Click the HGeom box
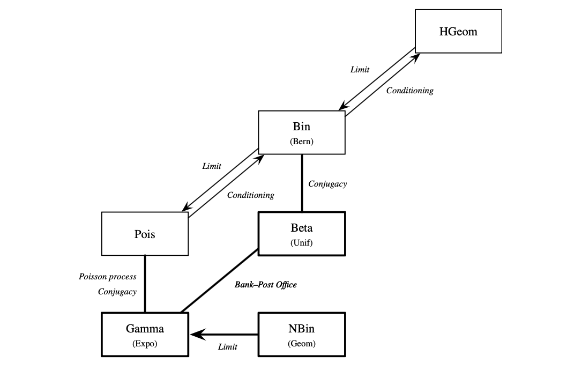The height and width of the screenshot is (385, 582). [x=458, y=31]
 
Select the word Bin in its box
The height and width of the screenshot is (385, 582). [x=302, y=127]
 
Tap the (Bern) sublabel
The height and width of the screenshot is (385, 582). [x=302, y=142]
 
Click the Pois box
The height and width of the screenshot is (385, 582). [x=145, y=234]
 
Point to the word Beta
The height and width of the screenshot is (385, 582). [x=302, y=228]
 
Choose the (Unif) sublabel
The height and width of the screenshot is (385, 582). [x=302, y=242]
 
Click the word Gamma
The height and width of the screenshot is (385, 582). [x=145, y=329]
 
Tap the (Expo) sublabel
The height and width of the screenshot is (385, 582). [x=145, y=344]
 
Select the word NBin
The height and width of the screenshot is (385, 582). [x=302, y=329]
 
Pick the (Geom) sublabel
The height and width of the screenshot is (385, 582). [x=302, y=344]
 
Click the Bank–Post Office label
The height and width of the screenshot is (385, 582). [x=266, y=285]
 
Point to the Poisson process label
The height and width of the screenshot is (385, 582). [x=108, y=277]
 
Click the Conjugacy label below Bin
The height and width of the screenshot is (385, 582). [x=327, y=184]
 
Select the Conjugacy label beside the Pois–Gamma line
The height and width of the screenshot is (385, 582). [x=117, y=292]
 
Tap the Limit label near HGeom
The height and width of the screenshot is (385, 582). [x=360, y=70]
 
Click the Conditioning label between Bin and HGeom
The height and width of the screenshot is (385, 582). [x=410, y=91]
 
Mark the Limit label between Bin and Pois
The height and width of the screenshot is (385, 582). [x=212, y=166]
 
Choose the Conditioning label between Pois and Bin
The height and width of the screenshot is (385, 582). [x=251, y=195]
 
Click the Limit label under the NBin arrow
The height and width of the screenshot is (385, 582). [x=228, y=347]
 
